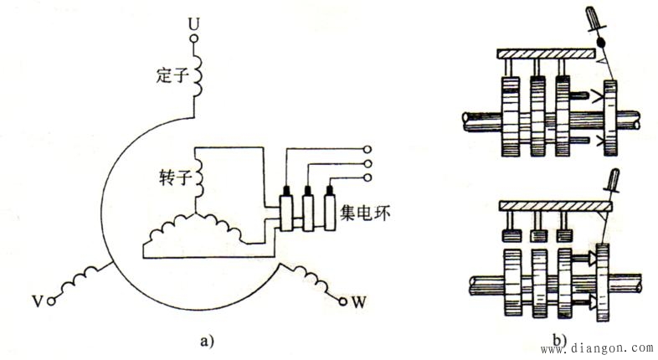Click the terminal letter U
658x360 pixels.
pyautogui.click(x=193, y=24)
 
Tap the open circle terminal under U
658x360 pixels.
pyautogui.click(x=194, y=39)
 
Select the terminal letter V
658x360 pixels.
pyautogui.click(x=38, y=301)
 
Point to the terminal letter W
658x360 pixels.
pyautogui.click(x=358, y=301)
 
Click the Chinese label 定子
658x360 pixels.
pyautogui.click(x=171, y=75)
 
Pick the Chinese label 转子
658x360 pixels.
pyautogui.click(x=176, y=177)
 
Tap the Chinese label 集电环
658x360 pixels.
pyautogui.click(x=365, y=213)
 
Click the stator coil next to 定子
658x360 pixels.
pyautogui.click(x=198, y=76)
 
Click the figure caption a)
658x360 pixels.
pyautogui.click(x=207, y=341)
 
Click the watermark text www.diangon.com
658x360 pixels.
pyautogui.click(x=596, y=348)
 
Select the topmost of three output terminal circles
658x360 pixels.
pyautogui.click(x=368, y=149)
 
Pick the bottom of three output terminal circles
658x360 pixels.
pyautogui.click(x=368, y=177)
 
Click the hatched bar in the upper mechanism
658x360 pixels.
pyautogui.click(x=546, y=54)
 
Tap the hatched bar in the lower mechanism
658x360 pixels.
pyautogui.click(x=555, y=206)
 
